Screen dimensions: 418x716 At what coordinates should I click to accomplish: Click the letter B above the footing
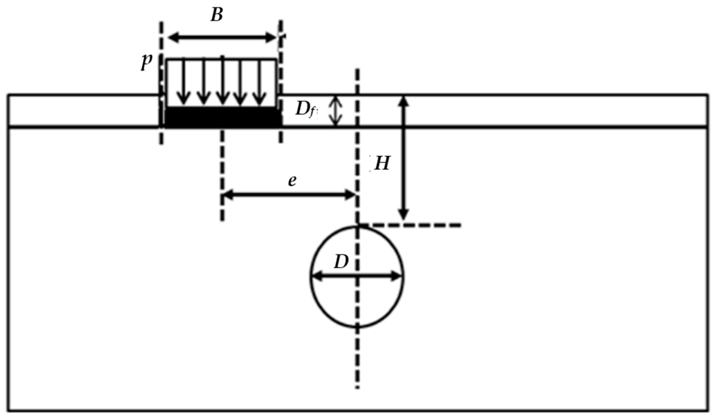[217, 15]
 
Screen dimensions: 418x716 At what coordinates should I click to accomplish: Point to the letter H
[382, 164]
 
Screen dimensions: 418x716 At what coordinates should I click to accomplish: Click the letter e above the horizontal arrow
[292, 181]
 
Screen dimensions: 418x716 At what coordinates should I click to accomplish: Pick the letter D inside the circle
[341, 262]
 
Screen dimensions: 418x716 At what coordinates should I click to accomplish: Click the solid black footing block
[223, 117]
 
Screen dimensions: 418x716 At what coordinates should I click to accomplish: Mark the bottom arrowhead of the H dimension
[404, 215]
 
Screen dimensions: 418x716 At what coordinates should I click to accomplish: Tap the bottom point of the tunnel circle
[357, 327]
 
